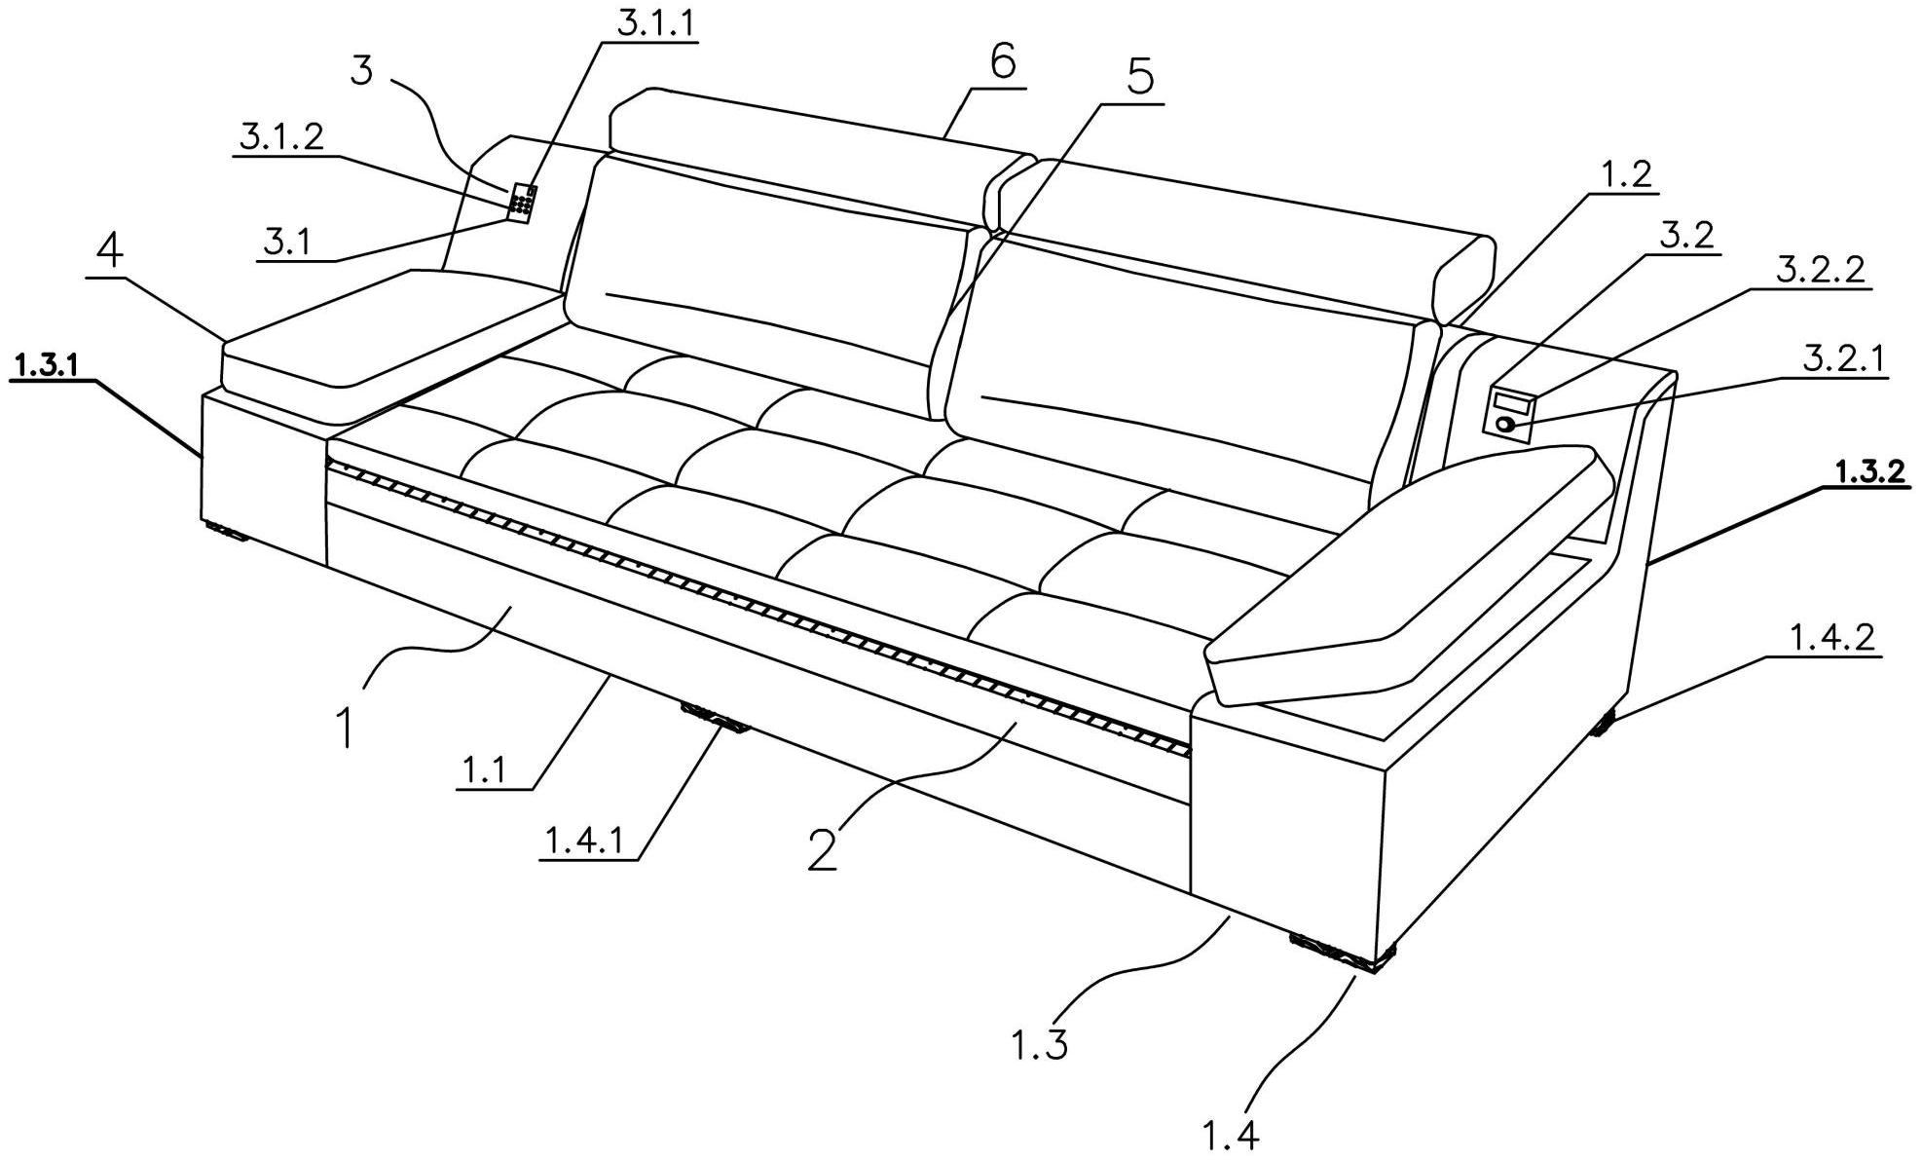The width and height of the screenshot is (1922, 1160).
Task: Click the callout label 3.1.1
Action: pos(656,22)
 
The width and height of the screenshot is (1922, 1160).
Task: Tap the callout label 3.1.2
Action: pos(281,138)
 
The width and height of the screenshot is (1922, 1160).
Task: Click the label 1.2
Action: pos(1626,175)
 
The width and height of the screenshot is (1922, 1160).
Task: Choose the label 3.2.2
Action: pos(1820,270)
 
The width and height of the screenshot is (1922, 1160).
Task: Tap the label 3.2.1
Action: pos(1843,359)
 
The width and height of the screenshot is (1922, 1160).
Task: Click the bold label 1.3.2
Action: pos(1868,472)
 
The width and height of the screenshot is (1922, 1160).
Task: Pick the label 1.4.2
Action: pos(1831,638)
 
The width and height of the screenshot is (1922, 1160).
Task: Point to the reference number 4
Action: pos(110,252)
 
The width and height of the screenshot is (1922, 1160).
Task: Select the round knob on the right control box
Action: pos(1505,424)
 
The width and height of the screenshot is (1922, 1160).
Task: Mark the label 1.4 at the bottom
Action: pos(1231,1135)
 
